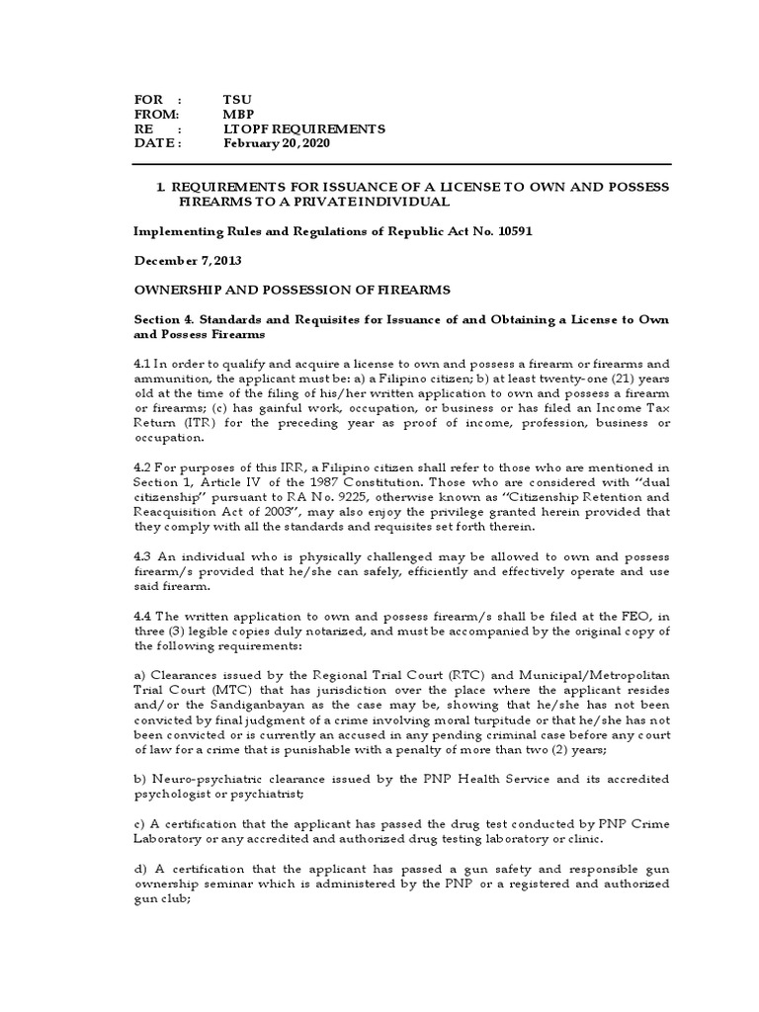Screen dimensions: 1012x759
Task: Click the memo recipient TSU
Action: click(x=237, y=101)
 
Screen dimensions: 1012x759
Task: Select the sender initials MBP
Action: click(x=238, y=115)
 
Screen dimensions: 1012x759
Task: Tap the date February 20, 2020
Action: click(x=277, y=142)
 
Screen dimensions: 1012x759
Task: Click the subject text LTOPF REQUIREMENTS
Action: click(x=304, y=128)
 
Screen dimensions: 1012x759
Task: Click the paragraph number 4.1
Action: click(x=143, y=363)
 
